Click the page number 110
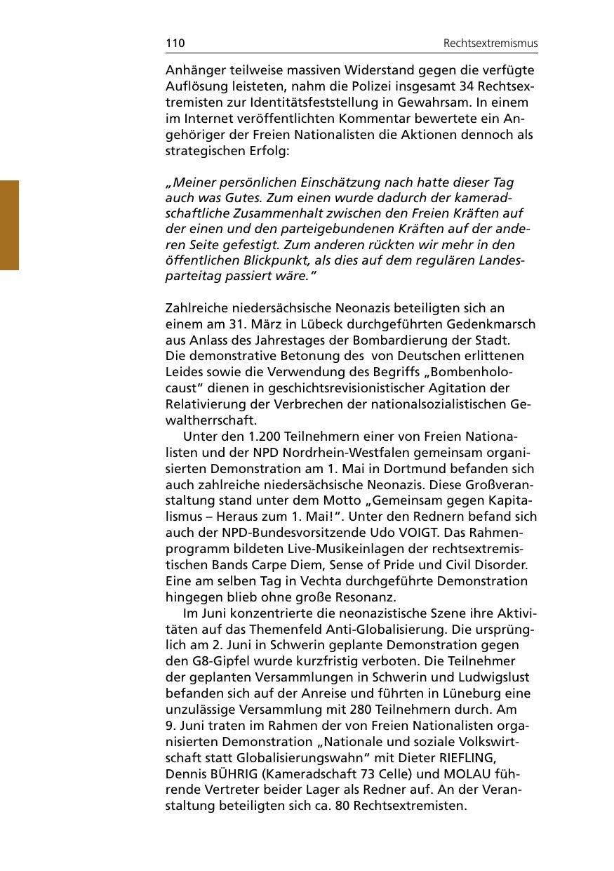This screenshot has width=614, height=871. coord(175,44)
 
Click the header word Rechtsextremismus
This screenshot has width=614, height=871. coord(490,44)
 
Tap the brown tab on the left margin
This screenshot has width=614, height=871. coord(9,225)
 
